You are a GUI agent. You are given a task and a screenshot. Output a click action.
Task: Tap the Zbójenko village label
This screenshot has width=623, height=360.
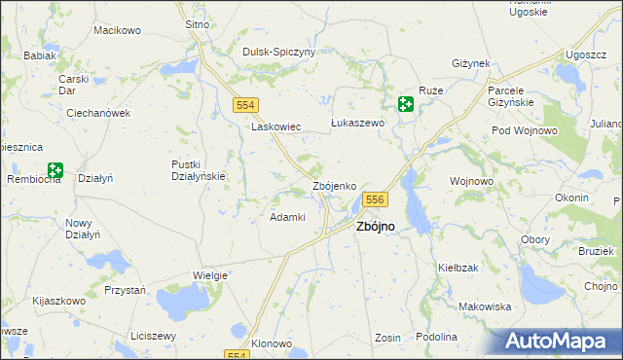pos(340,185)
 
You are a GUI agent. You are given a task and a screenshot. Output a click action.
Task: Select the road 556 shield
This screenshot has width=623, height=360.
pos(377,199)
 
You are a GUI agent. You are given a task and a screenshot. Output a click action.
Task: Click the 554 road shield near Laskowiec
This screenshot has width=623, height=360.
pos(245,104)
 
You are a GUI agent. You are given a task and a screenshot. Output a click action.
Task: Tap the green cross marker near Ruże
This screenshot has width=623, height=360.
pos(406,105)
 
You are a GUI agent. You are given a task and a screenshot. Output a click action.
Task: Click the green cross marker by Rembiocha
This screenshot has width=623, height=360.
pos(55,171)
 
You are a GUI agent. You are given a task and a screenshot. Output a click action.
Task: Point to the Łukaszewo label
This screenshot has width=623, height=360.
pos(358,124)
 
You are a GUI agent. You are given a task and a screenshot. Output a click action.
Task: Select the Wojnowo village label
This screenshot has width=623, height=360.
pos(472,181)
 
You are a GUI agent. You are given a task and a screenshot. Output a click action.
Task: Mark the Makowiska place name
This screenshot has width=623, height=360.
pos(485,306)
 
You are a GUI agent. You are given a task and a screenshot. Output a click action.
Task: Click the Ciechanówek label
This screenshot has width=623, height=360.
pos(98,113)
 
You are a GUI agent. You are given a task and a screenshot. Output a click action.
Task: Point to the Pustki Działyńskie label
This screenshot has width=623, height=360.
pos(199,170)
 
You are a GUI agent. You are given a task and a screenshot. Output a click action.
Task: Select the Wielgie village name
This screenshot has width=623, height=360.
pos(209,275)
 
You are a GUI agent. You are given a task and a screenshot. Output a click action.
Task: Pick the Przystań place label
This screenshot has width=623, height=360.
pos(125,290)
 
